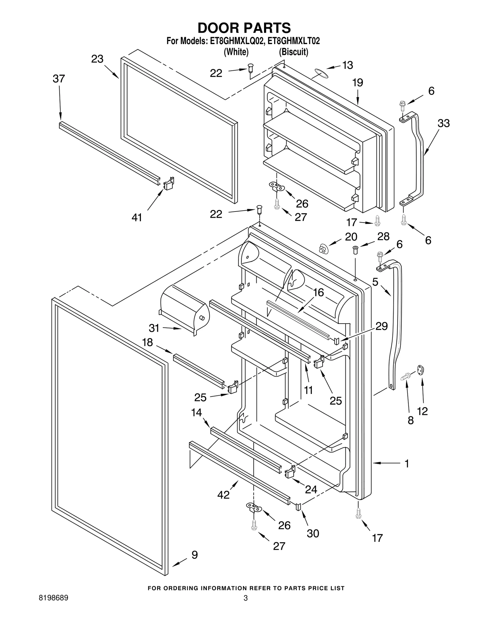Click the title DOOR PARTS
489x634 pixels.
(x=244, y=28)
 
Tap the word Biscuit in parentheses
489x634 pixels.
(x=293, y=52)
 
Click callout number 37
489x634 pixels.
(x=59, y=79)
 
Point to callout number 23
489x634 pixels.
(x=97, y=59)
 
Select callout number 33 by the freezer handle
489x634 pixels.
(x=443, y=123)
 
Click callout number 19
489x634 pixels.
(x=357, y=83)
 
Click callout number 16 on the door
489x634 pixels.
(x=318, y=292)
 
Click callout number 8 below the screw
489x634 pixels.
(x=410, y=420)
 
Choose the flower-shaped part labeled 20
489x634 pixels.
(x=323, y=249)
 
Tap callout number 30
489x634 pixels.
(x=313, y=533)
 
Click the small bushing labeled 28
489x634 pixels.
(x=355, y=249)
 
